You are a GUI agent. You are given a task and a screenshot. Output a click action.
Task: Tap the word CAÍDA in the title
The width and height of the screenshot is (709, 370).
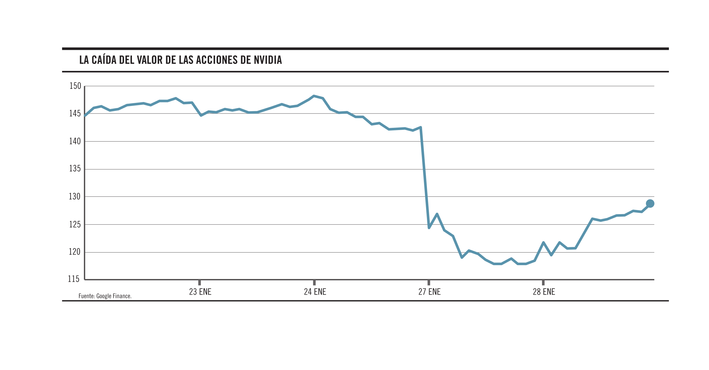104,60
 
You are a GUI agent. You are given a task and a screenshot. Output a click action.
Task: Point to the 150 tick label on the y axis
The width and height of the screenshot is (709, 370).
75,86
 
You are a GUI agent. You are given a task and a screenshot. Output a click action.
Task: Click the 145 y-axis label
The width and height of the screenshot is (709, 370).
75,114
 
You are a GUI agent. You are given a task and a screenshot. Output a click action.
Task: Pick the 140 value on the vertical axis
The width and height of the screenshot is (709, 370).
75,141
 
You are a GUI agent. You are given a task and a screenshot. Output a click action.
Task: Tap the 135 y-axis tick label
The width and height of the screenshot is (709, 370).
75,168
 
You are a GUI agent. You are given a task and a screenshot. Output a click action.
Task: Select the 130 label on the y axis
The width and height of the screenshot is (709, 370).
75,196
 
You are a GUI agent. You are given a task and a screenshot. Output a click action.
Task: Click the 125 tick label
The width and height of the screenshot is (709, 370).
75,225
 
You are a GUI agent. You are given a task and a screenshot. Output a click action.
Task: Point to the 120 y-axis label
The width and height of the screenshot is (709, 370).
75,252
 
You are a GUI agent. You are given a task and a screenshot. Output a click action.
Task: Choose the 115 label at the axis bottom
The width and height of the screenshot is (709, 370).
74,279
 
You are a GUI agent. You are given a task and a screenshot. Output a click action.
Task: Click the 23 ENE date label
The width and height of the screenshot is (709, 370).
200,292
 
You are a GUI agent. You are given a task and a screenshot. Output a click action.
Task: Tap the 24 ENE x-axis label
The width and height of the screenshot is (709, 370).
315,292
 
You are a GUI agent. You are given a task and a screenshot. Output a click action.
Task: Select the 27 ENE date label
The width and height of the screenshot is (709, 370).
429,292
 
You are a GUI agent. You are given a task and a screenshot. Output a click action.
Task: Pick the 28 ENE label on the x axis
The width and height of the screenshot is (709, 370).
544,292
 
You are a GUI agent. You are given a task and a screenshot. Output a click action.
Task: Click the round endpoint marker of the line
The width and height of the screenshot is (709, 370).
650,204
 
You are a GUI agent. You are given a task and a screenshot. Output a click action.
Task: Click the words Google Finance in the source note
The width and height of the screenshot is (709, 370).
113,296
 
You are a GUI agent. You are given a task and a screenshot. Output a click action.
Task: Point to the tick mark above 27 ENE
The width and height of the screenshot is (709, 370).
429,283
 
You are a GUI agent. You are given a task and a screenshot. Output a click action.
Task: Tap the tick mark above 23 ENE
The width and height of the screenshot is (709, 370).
200,283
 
